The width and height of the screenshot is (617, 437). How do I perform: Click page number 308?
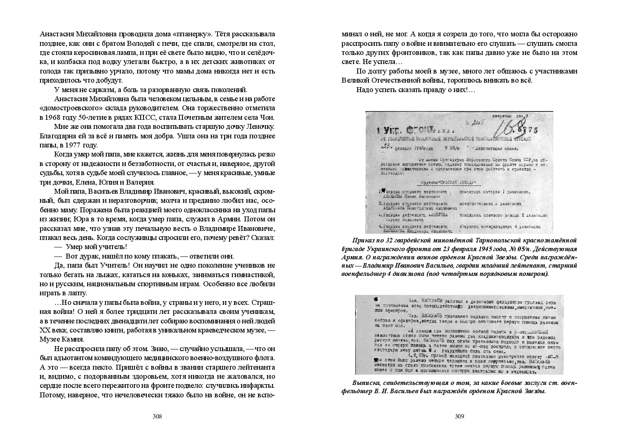tap(157, 416)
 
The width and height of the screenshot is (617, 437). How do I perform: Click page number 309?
tap(459, 416)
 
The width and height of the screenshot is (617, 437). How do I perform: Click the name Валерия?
tap(140, 182)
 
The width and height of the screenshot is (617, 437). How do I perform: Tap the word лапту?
tap(77, 293)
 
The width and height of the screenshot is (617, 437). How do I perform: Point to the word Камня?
tap(74, 340)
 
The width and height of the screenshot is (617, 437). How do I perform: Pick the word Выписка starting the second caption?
tap(365, 383)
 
